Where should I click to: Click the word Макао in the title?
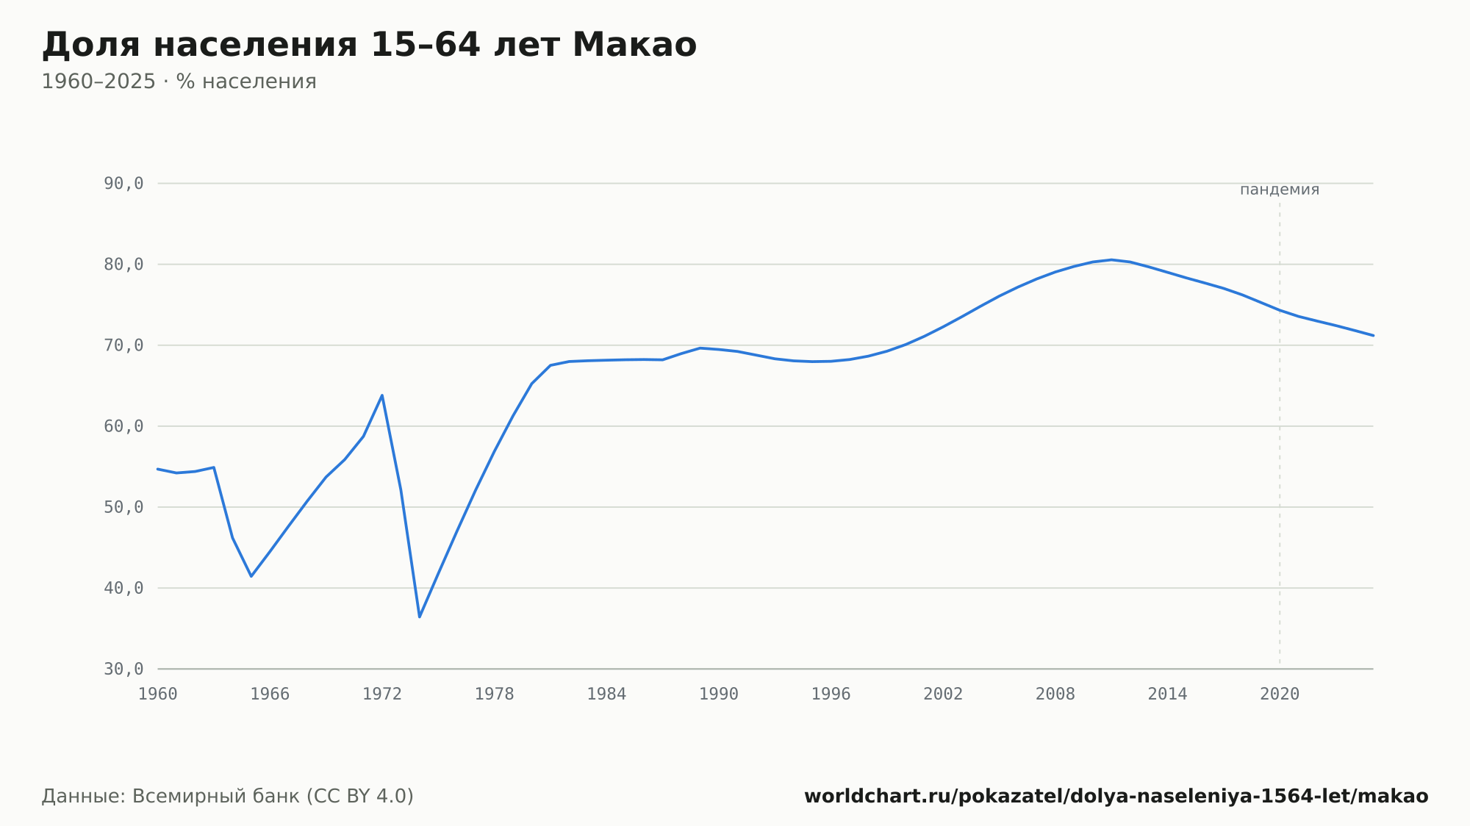point(634,45)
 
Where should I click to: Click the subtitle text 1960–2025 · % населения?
point(179,82)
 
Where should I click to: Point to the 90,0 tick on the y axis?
point(123,184)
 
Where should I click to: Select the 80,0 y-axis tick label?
point(123,265)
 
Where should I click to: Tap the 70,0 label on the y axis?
point(123,345)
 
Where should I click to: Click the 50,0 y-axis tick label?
point(123,507)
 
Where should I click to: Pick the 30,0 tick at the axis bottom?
point(123,669)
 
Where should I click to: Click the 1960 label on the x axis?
point(158,694)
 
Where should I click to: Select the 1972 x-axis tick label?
point(382,694)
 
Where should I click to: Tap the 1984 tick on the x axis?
point(606,694)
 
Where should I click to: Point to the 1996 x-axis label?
point(831,694)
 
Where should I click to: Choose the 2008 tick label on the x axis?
point(1055,694)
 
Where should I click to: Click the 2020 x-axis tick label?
point(1280,694)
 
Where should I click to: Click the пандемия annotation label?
point(1280,190)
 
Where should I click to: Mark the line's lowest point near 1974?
point(420,617)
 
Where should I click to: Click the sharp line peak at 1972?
point(382,395)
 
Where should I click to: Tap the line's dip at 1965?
point(251,576)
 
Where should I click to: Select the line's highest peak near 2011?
point(1111,259)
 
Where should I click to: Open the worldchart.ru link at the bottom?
point(1116,797)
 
